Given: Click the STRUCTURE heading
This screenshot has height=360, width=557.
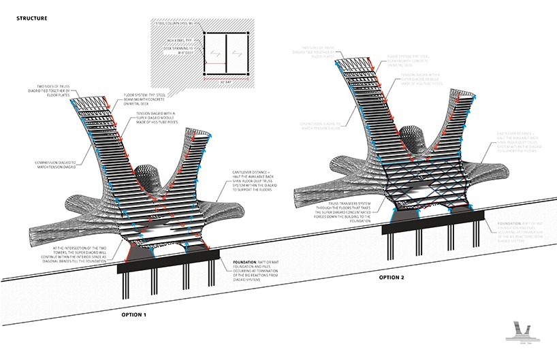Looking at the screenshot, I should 31,18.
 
